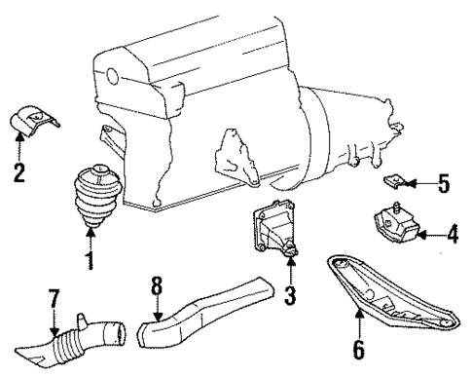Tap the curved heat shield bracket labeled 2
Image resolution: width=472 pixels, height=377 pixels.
(34, 122)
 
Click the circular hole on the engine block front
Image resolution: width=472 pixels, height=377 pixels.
(115, 76)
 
